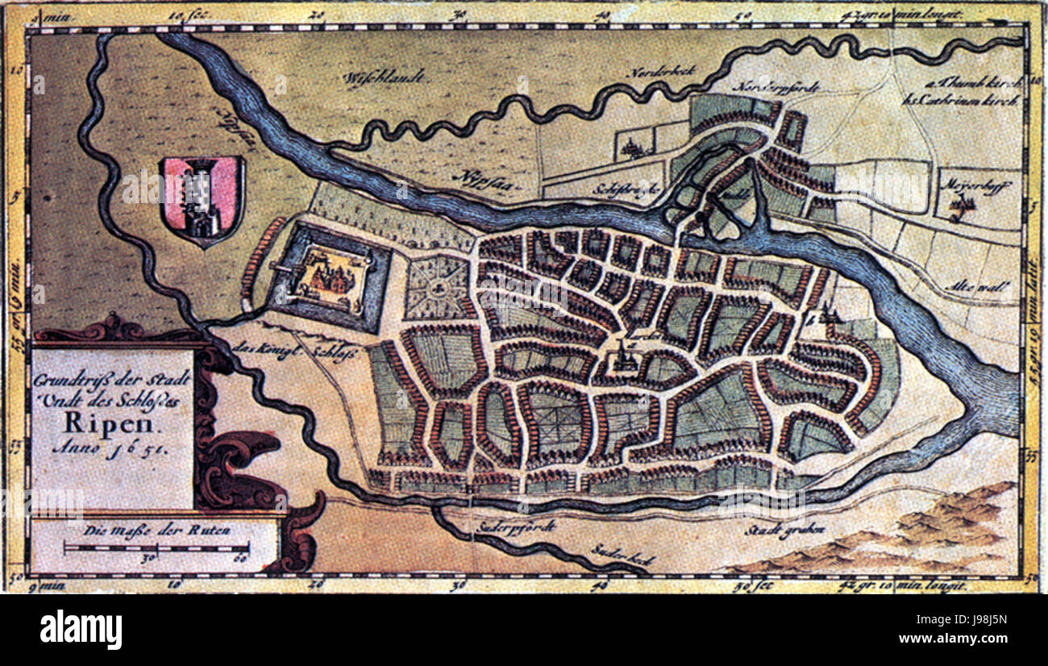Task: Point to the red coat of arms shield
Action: pos(202,199)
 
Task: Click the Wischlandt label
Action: pos(375,80)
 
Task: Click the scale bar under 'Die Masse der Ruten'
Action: pos(156,548)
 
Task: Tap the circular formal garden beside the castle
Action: pos(438,287)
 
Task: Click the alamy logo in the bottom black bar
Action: pos(81,629)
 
